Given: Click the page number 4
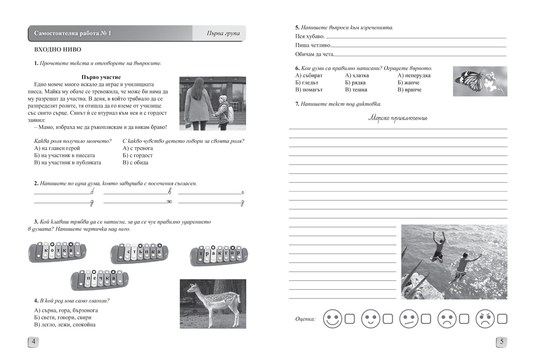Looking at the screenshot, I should coord(33,342).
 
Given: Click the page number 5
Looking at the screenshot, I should coord(502,342).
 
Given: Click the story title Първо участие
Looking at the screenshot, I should coord(101,77).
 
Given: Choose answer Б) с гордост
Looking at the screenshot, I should coord(137,155).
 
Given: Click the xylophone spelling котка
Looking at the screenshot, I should coord(55,252).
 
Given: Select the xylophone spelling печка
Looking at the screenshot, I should coord(99,279).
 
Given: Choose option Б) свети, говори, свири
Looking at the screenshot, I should coord(62,317).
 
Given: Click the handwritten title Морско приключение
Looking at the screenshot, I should coord(398,118).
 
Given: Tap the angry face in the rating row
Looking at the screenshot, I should coord(486,319).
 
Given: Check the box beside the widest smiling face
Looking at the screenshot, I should coord(350,319).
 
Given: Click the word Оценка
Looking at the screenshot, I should coord(305,319).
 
